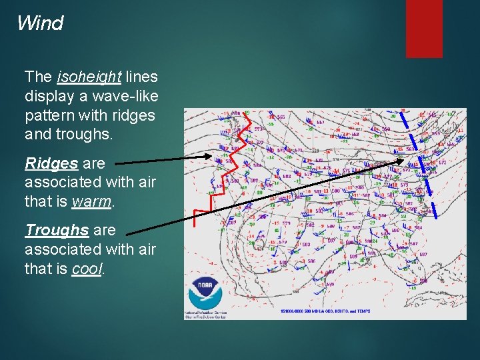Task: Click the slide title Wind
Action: click(40, 23)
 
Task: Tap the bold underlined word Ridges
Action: click(51, 163)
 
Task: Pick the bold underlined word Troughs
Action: click(57, 231)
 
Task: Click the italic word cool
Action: click(87, 269)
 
